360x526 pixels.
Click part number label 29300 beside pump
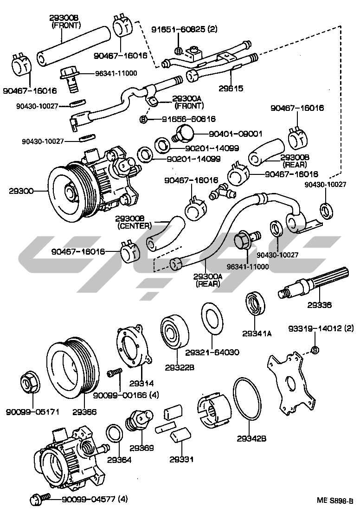click(21, 191)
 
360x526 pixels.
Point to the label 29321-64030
click(212, 353)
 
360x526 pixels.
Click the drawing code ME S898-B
click(335, 500)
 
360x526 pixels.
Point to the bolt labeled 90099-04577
click(37, 500)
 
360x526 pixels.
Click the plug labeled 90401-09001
click(184, 133)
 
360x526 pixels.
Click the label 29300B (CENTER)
click(135, 222)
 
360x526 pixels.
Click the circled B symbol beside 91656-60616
click(143, 120)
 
